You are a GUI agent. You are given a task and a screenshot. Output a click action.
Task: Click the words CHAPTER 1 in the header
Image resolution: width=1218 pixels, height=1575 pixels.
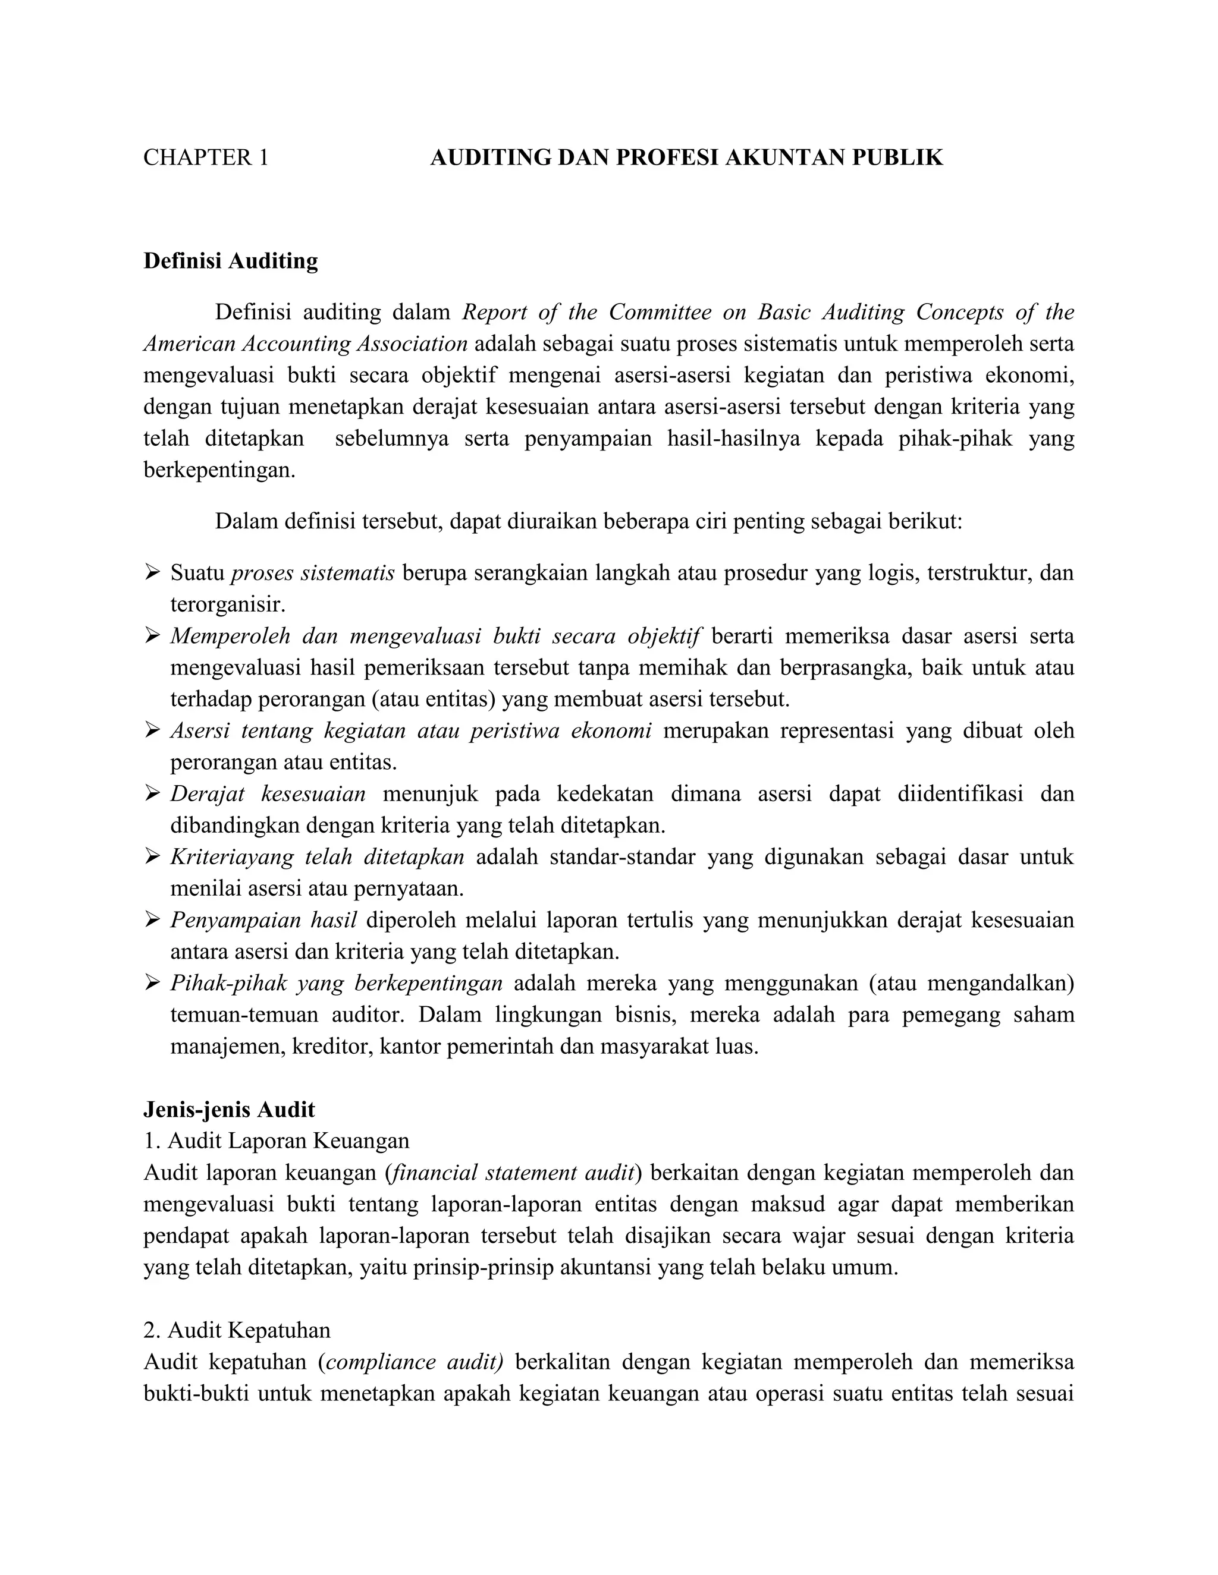pyautogui.click(x=206, y=158)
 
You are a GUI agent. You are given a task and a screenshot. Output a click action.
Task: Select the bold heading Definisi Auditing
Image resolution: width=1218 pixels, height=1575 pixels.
pyautogui.click(x=230, y=261)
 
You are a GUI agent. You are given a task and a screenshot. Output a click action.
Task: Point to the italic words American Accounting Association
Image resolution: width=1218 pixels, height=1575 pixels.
pyautogui.click(x=305, y=344)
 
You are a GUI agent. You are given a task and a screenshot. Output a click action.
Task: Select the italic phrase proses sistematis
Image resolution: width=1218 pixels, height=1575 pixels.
pyautogui.click(x=312, y=574)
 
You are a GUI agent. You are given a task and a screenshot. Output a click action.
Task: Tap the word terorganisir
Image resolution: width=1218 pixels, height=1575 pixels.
pyautogui.click(x=228, y=604)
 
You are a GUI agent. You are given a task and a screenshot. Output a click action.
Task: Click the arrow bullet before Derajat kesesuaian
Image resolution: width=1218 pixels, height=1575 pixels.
pyautogui.click(x=152, y=793)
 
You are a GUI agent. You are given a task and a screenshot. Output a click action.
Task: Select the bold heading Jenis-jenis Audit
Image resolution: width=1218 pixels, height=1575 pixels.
pyautogui.click(x=229, y=1109)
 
